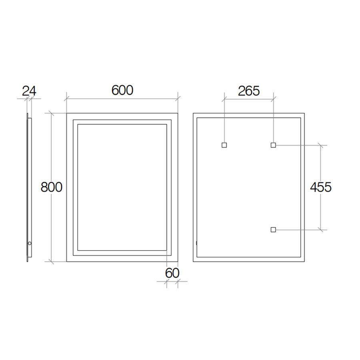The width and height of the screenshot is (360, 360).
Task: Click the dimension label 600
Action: pos(122,90)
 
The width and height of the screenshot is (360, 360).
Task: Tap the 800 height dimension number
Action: pos(52,187)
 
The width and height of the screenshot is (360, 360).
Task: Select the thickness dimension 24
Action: pos(29,91)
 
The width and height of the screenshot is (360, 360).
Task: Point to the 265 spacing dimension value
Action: pos(249,91)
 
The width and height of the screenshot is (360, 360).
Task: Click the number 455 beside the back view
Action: pos(321,187)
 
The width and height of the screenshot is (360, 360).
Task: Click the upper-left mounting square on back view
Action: pos(224,145)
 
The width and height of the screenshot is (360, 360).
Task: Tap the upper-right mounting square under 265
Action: pos(273,145)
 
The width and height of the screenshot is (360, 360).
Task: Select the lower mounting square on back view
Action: pos(273,230)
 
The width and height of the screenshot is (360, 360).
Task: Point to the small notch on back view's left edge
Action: pos(196,242)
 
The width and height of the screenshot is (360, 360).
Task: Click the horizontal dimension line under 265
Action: pos(249,98)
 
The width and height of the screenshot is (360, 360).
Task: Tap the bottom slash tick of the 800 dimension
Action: pos(52,262)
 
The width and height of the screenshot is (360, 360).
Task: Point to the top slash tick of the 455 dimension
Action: pos(321,145)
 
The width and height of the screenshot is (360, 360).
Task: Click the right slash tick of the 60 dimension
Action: pos(178,282)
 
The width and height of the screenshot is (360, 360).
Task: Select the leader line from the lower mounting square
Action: pos(300,230)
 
